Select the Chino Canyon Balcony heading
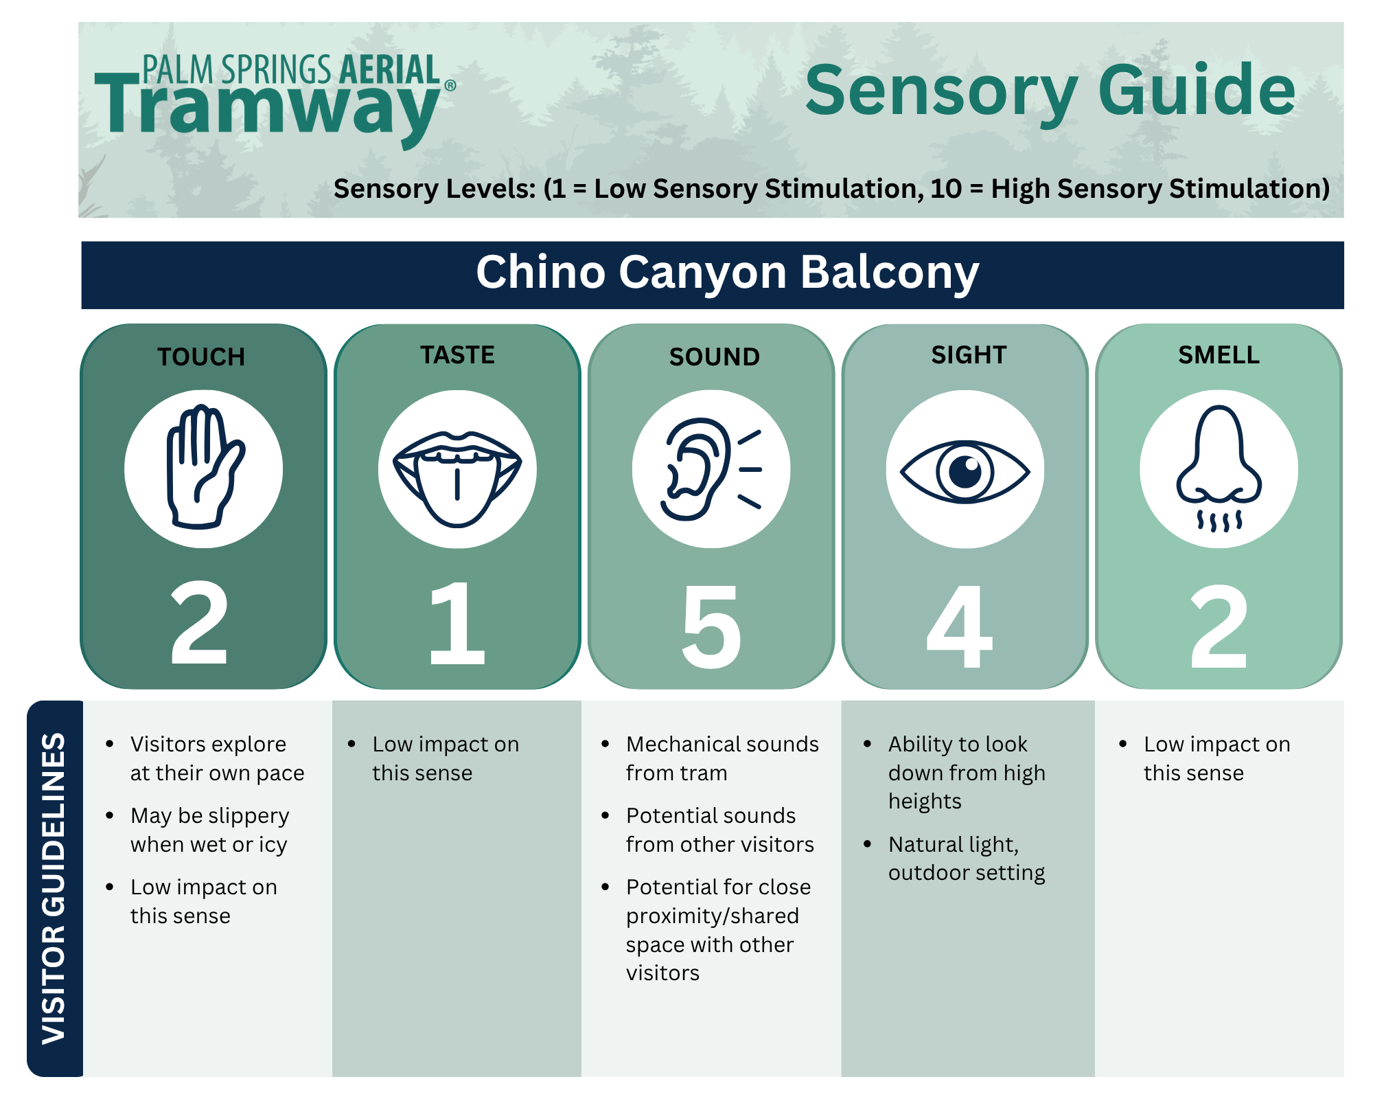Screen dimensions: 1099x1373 pyautogui.click(x=727, y=273)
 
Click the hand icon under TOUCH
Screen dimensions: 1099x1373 pyautogui.click(x=204, y=468)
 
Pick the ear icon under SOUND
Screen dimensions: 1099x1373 pyautogui.click(x=711, y=468)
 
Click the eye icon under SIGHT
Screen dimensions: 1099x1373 pyautogui.click(x=965, y=471)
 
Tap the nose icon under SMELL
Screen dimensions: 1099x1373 pyautogui.click(x=1219, y=467)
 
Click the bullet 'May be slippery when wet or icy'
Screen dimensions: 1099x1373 pyautogui.click(x=209, y=830)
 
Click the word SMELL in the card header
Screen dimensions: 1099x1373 pyautogui.click(x=1219, y=355)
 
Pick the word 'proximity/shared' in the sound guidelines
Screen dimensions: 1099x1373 pyautogui.click(x=713, y=916)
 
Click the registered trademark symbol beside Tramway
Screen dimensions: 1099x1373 pyautogui.click(x=450, y=85)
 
